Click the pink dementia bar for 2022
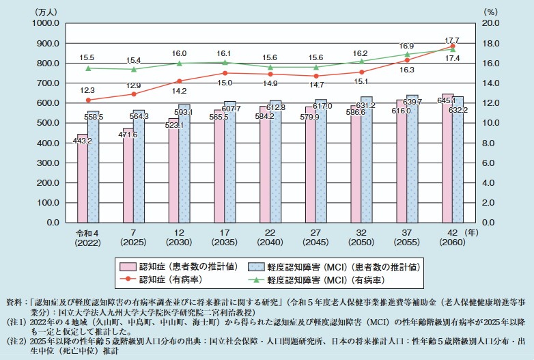(x=83, y=178)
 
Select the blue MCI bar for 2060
(x=458, y=160)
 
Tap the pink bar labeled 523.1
(x=173, y=171)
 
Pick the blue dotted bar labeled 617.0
(x=321, y=161)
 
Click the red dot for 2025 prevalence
(x=134, y=94)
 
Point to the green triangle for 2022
(x=88, y=68)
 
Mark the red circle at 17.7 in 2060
(x=453, y=46)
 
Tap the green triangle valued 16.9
(x=407, y=54)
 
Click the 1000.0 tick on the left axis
(x=46, y=23)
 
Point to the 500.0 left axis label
(x=48, y=123)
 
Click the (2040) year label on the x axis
(x=270, y=243)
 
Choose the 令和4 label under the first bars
(x=87, y=233)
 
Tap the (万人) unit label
(x=46, y=12)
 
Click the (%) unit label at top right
(x=491, y=12)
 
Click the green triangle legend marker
(x=256, y=280)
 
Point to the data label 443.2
(x=82, y=141)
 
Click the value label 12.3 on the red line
(x=87, y=91)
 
